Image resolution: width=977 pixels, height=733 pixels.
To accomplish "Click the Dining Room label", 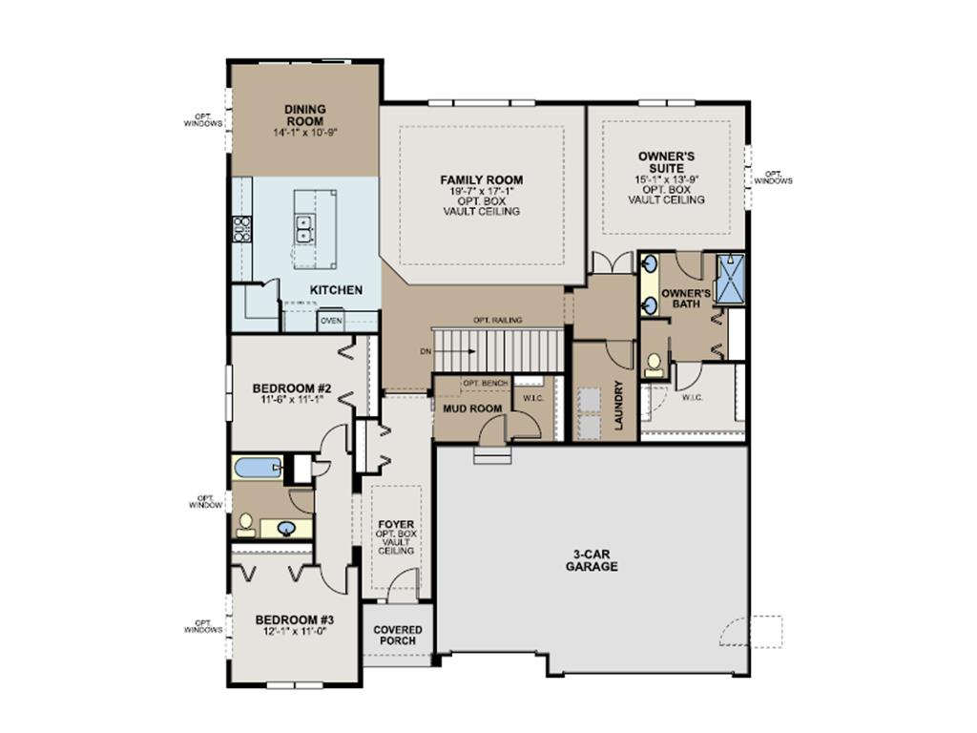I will [x=304, y=115].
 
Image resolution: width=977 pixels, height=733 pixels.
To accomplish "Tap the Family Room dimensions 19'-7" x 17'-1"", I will [x=481, y=191].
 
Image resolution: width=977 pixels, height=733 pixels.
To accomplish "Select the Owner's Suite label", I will [x=665, y=161].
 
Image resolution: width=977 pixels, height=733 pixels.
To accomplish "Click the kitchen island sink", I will [x=306, y=229].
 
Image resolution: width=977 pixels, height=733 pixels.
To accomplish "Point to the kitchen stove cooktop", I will [x=241, y=228].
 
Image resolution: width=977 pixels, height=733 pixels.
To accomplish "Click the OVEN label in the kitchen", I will [x=331, y=322].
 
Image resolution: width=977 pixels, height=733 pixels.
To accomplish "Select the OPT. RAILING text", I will [x=497, y=321].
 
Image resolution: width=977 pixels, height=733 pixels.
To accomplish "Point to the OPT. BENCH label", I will [x=484, y=383].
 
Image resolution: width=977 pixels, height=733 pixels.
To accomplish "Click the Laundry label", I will [x=618, y=406].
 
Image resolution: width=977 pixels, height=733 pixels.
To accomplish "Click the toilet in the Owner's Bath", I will [x=655, y=364].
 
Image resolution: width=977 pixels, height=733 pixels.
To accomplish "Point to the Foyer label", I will [x=395, y=524].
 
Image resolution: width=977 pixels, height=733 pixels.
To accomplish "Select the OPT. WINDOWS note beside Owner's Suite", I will [x=773, y=178].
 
